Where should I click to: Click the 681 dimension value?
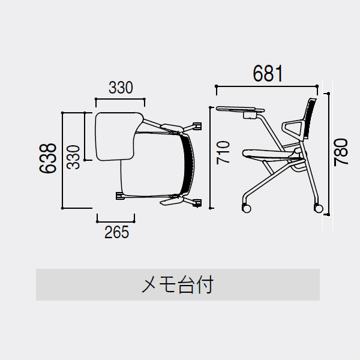[x=268, y=73]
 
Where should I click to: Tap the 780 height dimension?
[x=341, y=152]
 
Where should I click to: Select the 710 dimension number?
[x=223, y=152]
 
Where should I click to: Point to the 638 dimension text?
[x=48, y=158]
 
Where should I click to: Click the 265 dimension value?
[x=116, y=232]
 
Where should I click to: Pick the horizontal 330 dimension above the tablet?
[x=121, y=88]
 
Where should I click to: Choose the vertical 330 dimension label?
[x=73, y=157]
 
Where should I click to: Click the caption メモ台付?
[x=178, y=284]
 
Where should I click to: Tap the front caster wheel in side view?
[x=247, y=208]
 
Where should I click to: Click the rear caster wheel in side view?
[x=319, y=208]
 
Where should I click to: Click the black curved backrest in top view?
[x=188, y=164]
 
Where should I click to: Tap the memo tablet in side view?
[x=240, y=109]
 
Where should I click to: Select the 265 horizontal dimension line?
[x=116, y=221]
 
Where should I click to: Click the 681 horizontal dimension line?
[x=267, y=86]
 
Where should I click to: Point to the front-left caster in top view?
[x=119, y=196]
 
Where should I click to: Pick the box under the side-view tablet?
[x=250, y=115]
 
